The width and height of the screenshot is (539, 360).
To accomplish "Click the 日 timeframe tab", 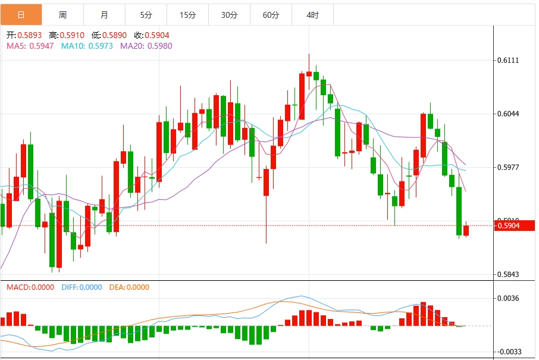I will [21, 14].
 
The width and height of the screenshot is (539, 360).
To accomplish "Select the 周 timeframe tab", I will [62, 14].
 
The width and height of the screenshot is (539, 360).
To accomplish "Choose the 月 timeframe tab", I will [104, 14].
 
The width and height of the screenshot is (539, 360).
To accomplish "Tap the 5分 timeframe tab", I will [146, 14].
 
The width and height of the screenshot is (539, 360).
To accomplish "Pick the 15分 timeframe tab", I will [187, 14].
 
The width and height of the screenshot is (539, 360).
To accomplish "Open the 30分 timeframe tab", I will [229, 14].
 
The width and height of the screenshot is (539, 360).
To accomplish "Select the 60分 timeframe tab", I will [271, 14].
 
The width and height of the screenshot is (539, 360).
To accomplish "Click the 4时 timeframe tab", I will [312, 14].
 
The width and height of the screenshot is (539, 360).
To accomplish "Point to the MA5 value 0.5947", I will [41, 46].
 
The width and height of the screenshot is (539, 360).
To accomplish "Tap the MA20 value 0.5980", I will [159, 46].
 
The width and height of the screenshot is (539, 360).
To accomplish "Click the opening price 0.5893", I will [29, 35].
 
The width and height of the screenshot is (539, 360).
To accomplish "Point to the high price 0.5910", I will [72, 35].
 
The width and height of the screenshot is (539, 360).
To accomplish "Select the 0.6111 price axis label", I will [508, 61].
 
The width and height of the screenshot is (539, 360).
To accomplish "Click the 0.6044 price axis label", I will [508, 114].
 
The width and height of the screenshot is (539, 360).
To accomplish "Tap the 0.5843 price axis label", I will [508, 275].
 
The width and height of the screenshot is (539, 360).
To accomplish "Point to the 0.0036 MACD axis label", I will [508, 299].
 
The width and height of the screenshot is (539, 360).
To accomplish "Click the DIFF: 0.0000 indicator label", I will [82, 287].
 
